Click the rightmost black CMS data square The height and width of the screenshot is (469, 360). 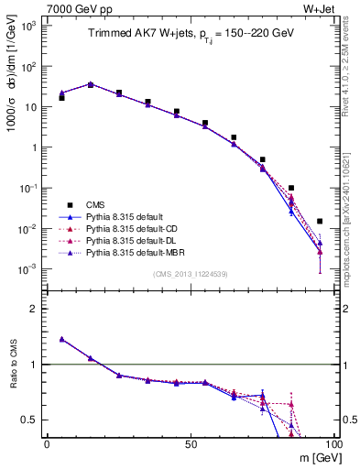319,221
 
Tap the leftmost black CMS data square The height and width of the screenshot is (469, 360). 61,97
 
